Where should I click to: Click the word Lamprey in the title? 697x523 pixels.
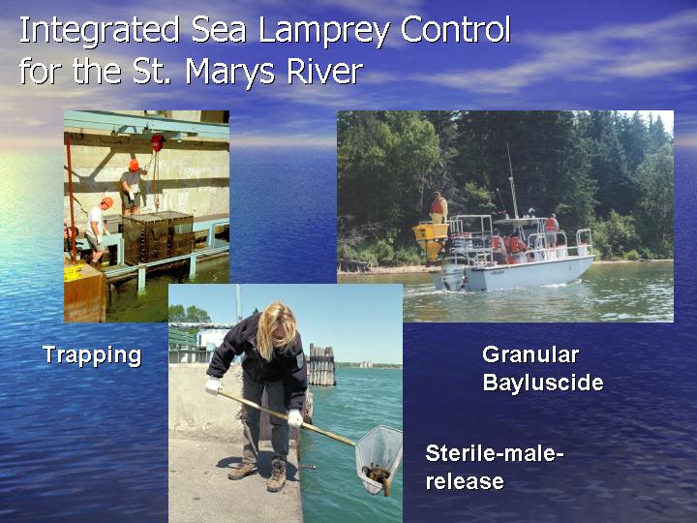tap(323, 31)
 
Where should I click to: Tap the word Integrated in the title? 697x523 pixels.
tap(99, 31)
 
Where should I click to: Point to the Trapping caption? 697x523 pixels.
tap(92, 355)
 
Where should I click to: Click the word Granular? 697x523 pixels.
tap(530, 354)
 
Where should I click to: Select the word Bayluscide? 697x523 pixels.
tap(543, 383)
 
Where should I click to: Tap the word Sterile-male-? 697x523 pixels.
tap(495, 453)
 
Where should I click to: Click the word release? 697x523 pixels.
tap(465, 481)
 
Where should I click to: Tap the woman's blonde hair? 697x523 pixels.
tap(276, 328)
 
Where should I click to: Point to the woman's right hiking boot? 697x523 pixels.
tap(277, 475)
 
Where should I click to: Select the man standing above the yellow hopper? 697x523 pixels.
tap(439, 207)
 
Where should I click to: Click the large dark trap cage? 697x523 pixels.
tap(158, 238)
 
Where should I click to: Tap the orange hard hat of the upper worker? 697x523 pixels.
tap(134, 165)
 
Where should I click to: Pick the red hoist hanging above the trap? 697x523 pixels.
tap(158, 142)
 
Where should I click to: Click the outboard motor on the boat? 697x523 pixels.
tap(452, 277)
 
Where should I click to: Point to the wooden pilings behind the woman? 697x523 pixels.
tap(321, 365)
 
